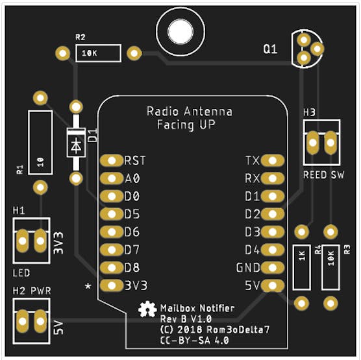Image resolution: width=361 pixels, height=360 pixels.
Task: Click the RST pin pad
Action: coord(112,160)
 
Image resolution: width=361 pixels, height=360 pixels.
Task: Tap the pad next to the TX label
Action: coord(273,160)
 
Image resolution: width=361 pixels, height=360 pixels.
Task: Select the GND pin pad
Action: coord(273,267)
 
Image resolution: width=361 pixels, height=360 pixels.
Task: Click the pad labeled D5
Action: coord(112,214)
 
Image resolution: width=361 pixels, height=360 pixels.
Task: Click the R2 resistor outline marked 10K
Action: coord(98,53)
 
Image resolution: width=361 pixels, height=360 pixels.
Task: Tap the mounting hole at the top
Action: coord(180,32)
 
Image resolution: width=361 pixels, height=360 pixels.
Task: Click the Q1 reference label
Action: coord(270,49)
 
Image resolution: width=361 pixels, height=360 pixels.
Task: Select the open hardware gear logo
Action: coord(147,309)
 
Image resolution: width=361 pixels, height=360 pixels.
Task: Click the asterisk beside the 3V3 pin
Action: coord(88,287)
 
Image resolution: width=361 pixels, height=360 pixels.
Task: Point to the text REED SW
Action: coord(323,175)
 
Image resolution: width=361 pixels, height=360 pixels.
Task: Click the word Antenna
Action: coord(208,112)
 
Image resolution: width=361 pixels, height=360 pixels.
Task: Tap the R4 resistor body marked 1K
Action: coord(301,267)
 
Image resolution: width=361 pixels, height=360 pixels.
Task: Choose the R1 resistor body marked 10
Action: coord(40,143)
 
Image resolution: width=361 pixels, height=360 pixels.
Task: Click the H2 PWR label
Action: coord(32,291)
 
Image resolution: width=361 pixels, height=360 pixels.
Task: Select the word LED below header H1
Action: coord(21,273)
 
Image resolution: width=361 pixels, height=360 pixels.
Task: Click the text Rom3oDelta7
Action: coord(238,330)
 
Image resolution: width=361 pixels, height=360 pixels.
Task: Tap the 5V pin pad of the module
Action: coord(273,285)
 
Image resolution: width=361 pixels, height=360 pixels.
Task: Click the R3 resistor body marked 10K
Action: coord(330,267)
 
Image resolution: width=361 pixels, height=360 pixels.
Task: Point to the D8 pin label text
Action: coord(132,267)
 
